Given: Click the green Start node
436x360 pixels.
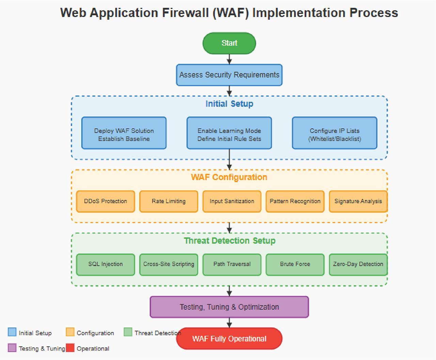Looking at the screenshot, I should point(229,43).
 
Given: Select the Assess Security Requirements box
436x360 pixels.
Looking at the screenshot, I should point(229,75).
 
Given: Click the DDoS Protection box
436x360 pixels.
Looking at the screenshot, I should point(106,201).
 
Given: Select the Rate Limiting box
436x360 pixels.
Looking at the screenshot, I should point(169,201).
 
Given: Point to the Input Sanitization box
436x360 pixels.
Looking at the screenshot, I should point(232,201).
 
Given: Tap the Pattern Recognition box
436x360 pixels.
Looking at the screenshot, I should point(295,201).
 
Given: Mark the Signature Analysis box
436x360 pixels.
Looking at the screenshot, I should point(358,201).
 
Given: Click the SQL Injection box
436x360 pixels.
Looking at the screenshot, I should point(106,264).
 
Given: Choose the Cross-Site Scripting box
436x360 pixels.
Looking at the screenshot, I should point(169,264).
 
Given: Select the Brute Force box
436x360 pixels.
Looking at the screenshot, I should point(295,264).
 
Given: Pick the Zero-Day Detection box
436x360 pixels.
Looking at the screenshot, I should point(358,264).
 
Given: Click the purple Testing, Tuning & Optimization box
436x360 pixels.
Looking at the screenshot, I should point(229,307).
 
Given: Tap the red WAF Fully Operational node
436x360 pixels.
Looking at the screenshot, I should point(229,339).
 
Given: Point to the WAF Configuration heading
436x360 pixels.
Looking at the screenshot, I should point(229,177).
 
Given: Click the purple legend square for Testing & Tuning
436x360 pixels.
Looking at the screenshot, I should point(12,348).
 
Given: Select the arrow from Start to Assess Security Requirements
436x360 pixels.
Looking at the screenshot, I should point(229,59).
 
